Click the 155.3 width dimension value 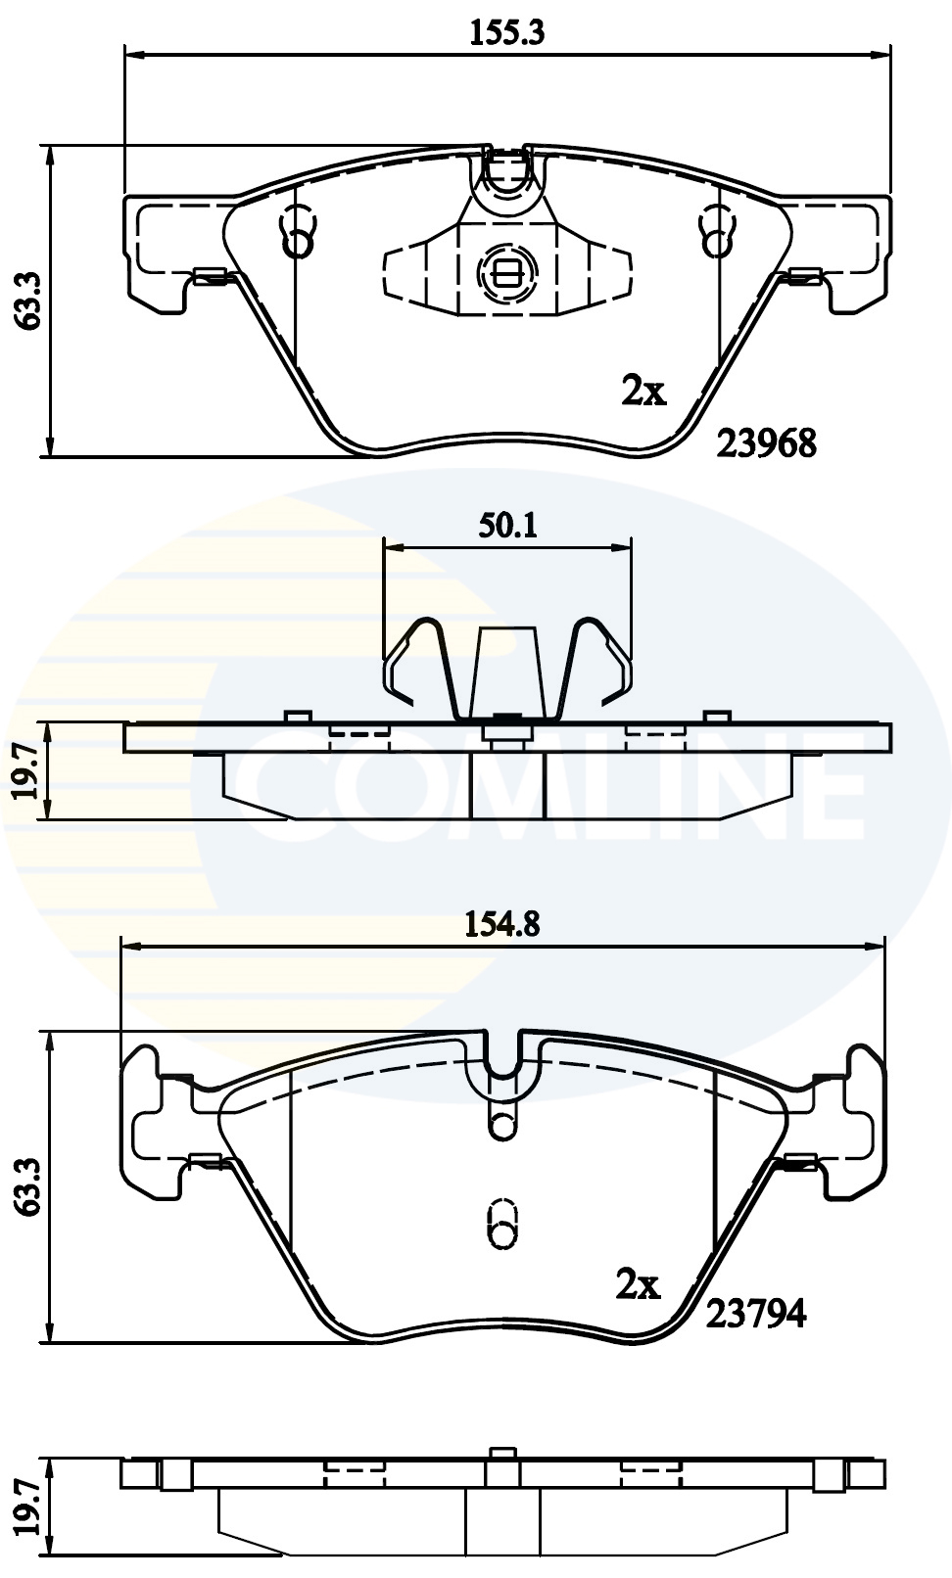pos(507,33)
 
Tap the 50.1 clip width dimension pos(507,526)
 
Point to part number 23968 pos(767,443)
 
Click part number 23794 pos(756,1314)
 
